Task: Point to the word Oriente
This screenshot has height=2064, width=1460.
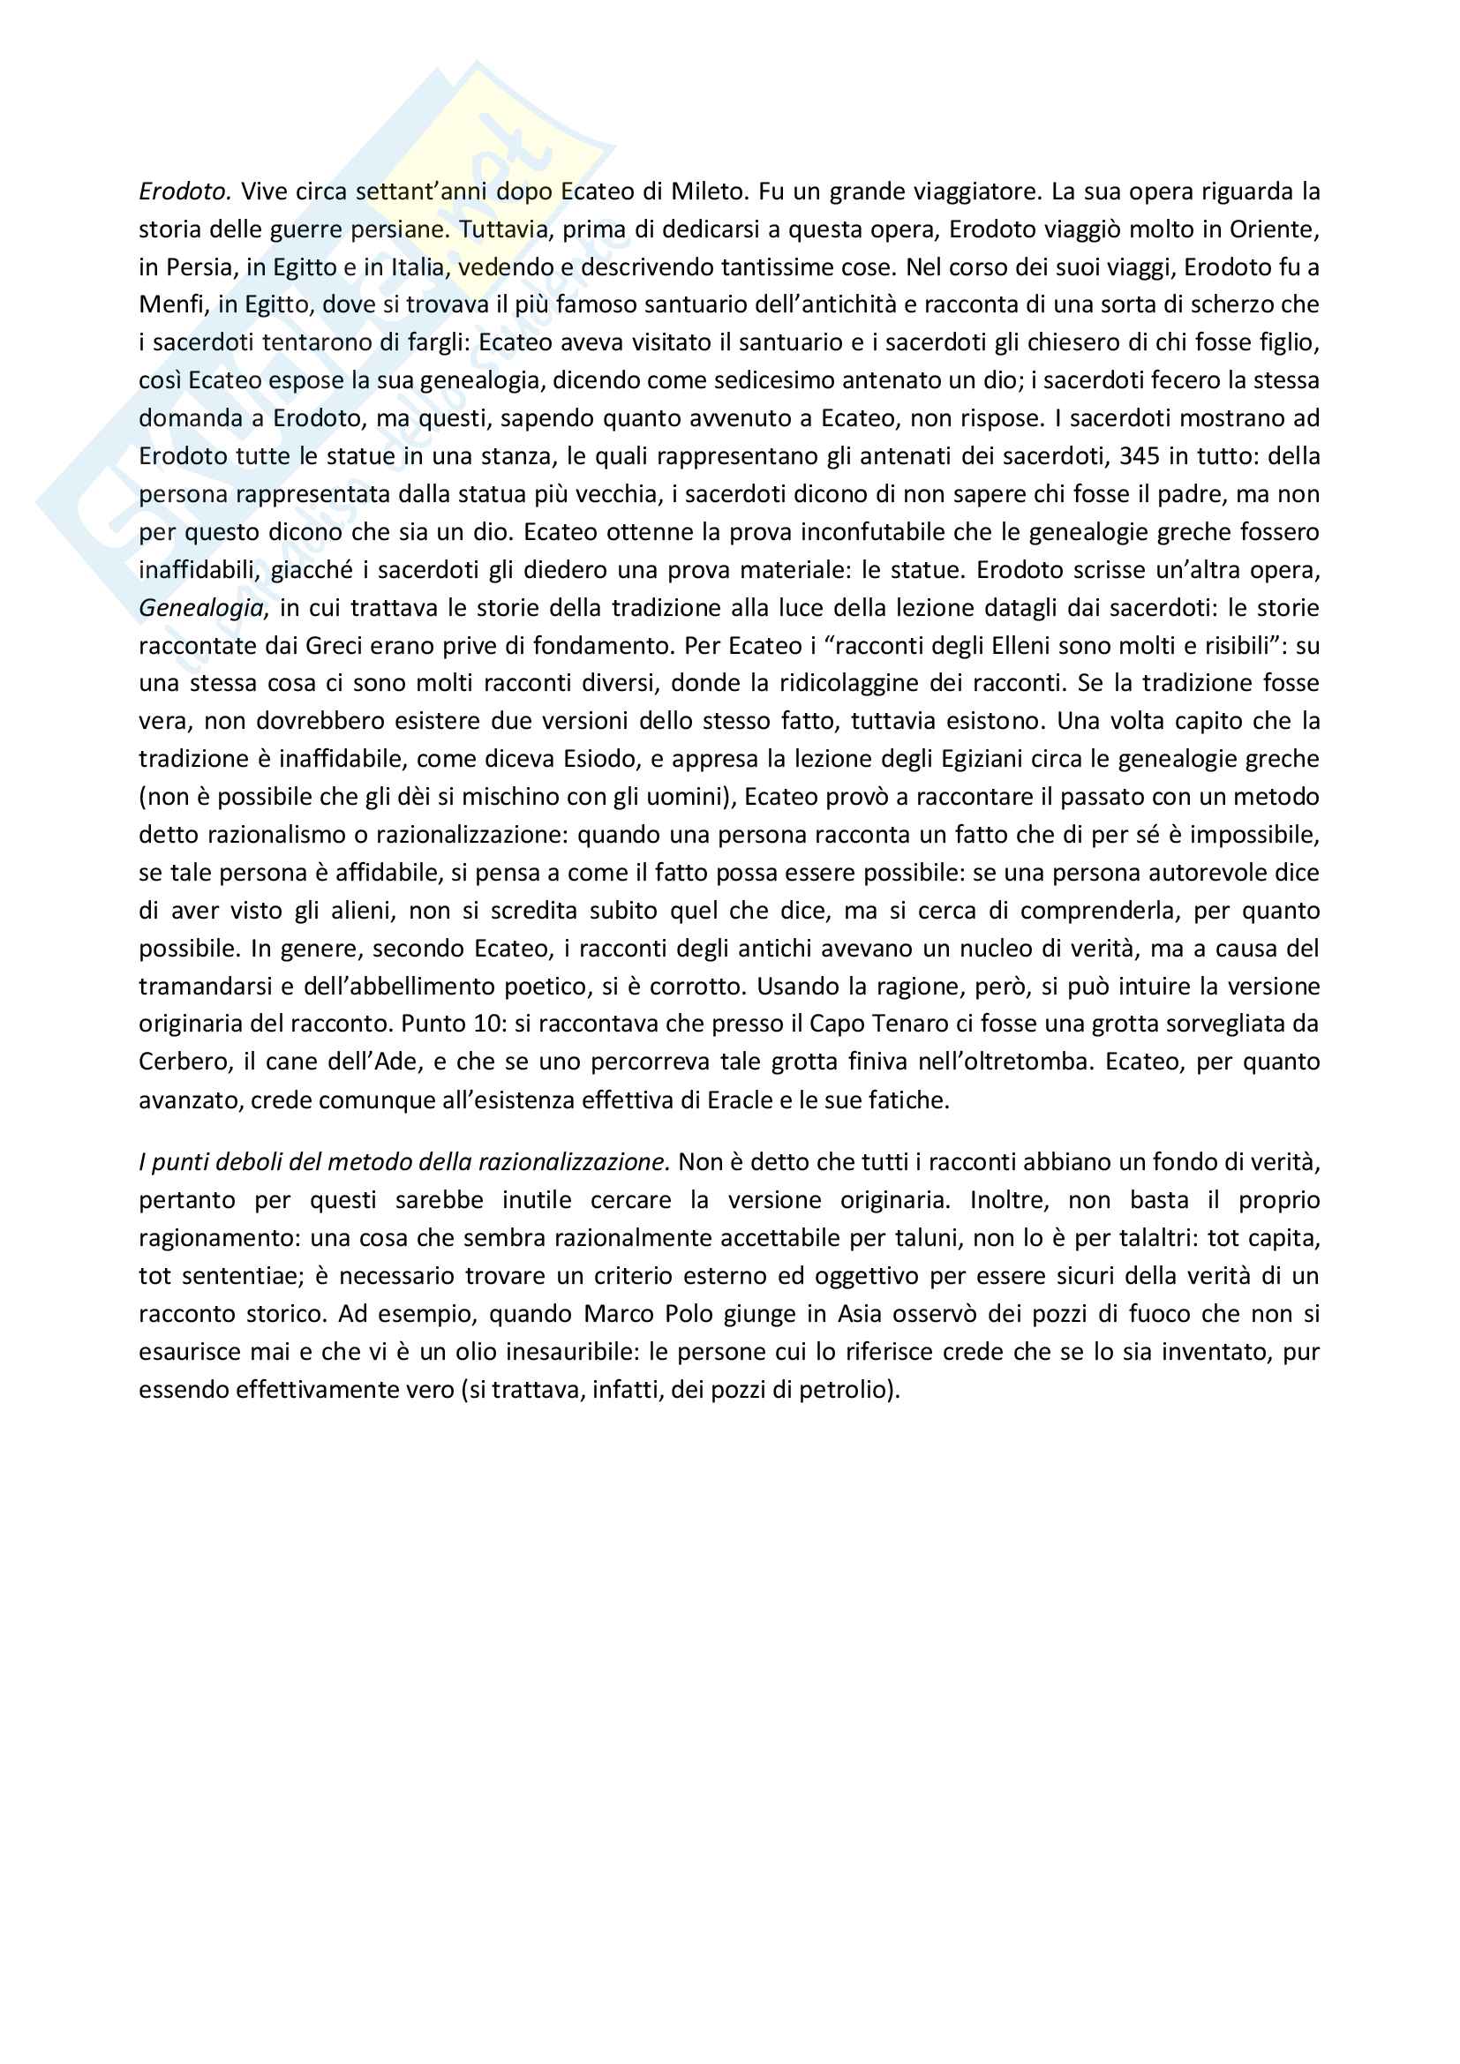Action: (x=1273, y=229)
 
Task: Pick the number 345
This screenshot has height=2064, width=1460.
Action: (x=1139, y=457)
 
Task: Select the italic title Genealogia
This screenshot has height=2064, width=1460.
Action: (x=201, y=609)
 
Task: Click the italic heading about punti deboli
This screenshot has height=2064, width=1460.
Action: (x=403, y=1163)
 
